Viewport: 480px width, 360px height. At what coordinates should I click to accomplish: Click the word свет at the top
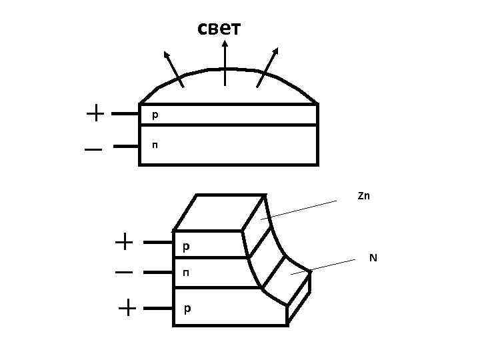(219, 29)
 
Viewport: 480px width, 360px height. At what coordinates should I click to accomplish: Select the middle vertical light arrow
(225, 63)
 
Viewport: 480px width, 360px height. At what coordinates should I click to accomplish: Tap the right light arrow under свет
(269, 67)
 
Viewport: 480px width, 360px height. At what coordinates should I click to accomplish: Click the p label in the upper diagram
(155, 115)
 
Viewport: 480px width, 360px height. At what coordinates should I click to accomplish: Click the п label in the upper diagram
(155, 144)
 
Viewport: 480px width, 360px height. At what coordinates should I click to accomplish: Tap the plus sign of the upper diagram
(95, 113)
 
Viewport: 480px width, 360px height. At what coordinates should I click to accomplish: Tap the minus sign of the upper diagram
(93, 150)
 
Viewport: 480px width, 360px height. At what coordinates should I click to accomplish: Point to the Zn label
(363, 196)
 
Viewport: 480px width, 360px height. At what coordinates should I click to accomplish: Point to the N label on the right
(373, 258)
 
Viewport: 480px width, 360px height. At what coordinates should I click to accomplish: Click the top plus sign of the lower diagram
(124, 242)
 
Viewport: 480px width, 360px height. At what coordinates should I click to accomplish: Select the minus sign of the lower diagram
(124, 273)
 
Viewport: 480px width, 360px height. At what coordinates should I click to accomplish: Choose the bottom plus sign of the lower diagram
(127, 308)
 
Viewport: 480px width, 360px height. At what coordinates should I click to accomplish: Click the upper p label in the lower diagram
(186, 247)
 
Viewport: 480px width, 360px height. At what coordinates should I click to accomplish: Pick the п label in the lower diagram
(186, 273)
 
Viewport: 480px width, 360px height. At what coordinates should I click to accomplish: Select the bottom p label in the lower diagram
(187, 309)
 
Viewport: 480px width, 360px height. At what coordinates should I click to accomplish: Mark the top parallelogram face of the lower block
(220, 212)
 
